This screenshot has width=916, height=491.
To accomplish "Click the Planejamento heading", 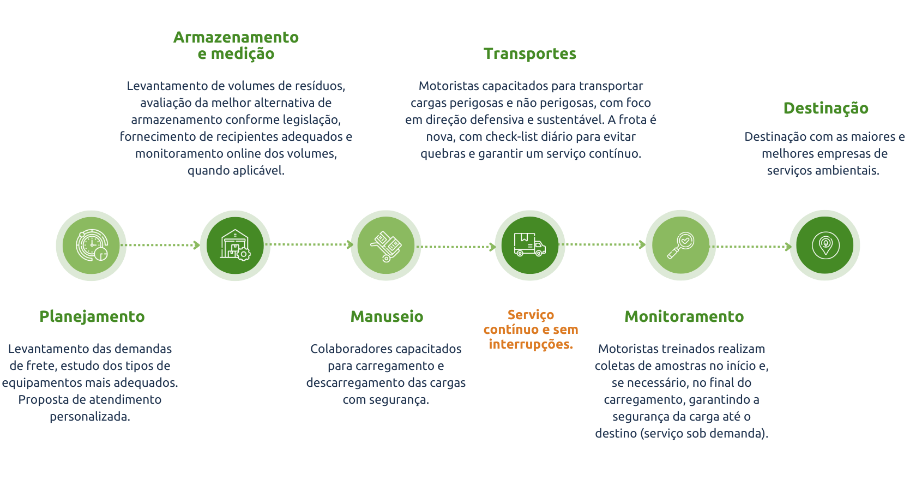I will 92,316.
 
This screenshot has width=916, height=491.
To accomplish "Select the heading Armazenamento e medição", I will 236,45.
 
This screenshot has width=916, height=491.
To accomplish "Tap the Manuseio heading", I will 387,316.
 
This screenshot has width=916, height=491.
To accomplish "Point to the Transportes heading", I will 530,53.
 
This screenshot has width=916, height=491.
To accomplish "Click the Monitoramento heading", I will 684,316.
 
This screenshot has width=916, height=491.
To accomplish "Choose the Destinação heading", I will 825,108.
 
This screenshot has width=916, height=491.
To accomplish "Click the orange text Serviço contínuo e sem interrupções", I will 531,330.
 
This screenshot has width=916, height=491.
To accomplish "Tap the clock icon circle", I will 91,245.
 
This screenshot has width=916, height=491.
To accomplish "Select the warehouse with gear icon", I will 235,245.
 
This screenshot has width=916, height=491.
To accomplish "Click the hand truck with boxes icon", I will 386,245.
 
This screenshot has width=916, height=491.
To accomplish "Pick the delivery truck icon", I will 529,245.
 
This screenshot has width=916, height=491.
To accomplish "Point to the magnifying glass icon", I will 680,245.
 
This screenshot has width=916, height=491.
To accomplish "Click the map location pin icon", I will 825,245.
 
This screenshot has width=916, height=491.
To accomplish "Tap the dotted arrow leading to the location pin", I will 751,247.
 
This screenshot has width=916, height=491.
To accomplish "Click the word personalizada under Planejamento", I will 90,417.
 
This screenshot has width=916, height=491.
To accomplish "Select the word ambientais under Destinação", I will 851,170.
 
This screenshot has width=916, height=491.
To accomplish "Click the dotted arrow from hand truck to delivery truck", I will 457,247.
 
